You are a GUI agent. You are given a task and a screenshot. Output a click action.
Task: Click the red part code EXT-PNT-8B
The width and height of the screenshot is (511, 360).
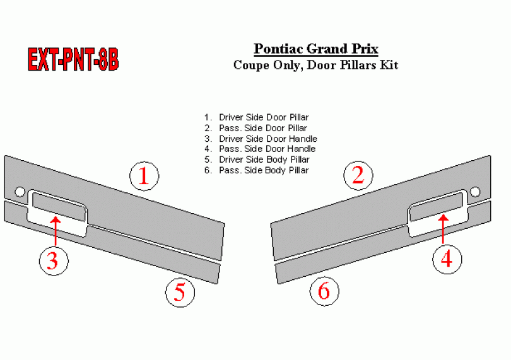[x=73, y=59]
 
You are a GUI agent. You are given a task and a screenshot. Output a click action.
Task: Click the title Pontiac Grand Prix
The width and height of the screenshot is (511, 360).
[x=316, y=49]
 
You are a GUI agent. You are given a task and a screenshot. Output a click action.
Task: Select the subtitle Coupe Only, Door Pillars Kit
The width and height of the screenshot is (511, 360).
[x=316, y=65]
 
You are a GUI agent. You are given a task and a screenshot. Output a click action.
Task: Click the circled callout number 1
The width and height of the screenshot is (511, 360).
[x=144, y=177]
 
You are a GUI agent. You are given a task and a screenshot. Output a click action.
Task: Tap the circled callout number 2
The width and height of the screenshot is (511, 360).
[x=358, y=176]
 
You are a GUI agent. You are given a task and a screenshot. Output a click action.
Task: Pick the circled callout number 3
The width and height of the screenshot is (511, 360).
[x=54, y=261]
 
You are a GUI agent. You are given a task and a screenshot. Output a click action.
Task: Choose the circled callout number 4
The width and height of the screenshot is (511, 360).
[x=447, y=259]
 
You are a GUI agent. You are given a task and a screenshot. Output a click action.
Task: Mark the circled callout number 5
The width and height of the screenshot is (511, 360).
[x=180, y=293]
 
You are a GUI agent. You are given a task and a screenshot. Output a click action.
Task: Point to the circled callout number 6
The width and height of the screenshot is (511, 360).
[x=324, y=291]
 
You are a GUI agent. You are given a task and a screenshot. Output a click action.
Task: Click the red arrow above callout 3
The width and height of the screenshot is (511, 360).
[x=56, y=231]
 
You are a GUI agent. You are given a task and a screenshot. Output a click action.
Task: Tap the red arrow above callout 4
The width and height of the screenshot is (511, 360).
[x=443, y=229]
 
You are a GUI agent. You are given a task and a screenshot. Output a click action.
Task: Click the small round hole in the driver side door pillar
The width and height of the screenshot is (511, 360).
[x=20, y=192]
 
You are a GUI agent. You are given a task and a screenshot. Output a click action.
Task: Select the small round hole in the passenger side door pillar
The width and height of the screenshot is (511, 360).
[x=475, y=192]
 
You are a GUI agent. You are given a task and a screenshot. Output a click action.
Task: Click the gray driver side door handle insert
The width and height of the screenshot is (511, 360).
[x=59, y=207]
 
